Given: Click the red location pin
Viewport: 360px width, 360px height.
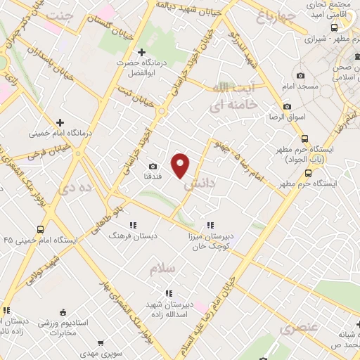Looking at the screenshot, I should pyautogui.click(x=181, y=165).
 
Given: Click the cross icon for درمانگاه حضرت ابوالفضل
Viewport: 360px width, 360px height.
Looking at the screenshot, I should pyautogui.click(x=141, y=52).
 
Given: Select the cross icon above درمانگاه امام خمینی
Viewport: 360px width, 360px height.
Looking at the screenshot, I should pyautogui.click(x=60, y=122).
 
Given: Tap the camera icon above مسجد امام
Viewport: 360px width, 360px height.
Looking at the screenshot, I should pyautogui.click(x=300, y=76).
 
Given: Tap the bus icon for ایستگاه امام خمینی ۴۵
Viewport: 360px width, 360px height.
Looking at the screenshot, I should pyautogui.click(x=40, y=229).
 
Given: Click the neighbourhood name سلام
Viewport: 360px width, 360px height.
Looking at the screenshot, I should pyautogui.click(x=161, y=268).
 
